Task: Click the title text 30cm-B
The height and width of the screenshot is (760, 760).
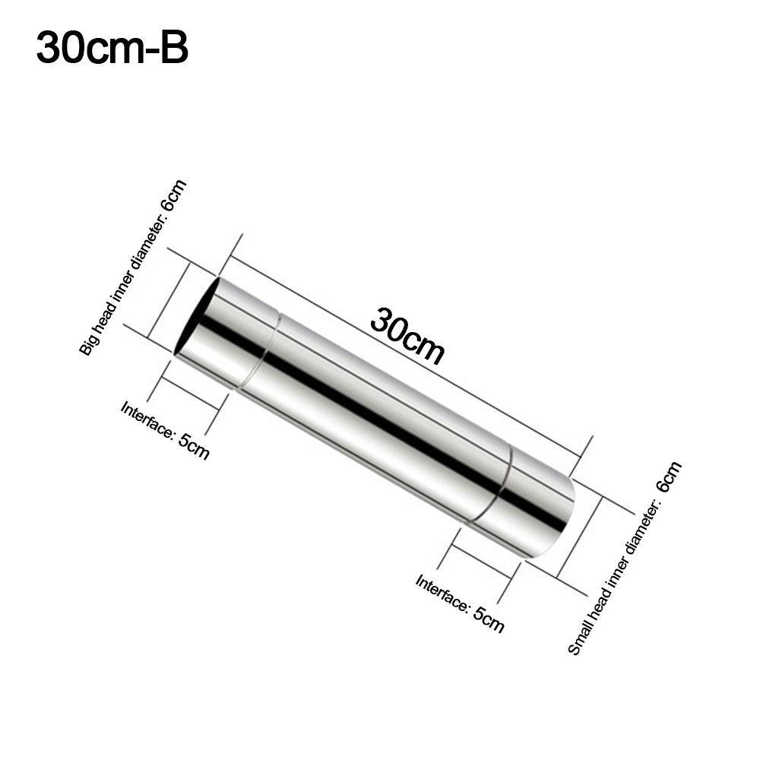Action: pos(112,49)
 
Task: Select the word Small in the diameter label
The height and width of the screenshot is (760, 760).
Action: pos(579,635)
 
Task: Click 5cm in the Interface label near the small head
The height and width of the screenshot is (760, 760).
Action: pos(488,619)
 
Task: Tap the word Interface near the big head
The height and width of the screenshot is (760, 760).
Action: pos(147,419)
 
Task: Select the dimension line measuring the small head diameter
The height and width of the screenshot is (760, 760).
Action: pos(580,537)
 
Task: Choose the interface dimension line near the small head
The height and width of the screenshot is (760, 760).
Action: pos(482,562)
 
